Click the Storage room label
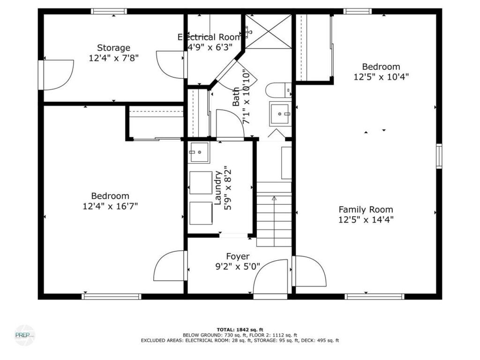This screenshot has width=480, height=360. click(x=113, y=48)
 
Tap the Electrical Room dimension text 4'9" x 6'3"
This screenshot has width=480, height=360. click(x=210, y=47)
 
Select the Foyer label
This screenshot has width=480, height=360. click(x=238, y=256)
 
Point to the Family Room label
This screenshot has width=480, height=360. click(x=366, y=210)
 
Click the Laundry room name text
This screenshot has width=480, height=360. click(x=217, y=188)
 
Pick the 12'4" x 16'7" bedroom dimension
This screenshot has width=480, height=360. click(x=110, y=206)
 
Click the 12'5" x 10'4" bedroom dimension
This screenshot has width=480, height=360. click(x=381, y=76)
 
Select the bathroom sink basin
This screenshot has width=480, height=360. click(x=279, y=113)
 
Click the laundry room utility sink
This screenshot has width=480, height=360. click(x=199, y=152)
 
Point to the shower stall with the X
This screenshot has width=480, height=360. click(x=269, y=31)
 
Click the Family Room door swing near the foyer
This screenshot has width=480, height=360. click(x=309, y=271)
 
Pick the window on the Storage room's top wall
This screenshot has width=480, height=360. click(x=109, y=11)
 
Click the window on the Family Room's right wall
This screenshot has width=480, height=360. click(x=439, y=156)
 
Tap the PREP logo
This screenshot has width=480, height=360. click(x=25, y=335)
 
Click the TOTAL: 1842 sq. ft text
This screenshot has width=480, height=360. click(x=240, y=330)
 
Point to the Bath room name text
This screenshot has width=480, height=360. click(x=236, y=97)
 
